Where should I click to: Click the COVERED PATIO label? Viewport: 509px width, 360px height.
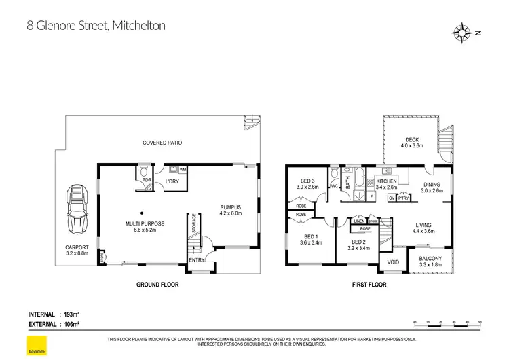point(162,143)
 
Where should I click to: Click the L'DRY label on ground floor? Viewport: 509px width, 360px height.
point(172,182)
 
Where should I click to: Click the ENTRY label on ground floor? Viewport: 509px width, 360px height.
point(197,260)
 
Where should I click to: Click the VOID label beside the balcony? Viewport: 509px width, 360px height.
point(393,262)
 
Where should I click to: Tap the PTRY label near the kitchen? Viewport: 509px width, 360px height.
point(403,198)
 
